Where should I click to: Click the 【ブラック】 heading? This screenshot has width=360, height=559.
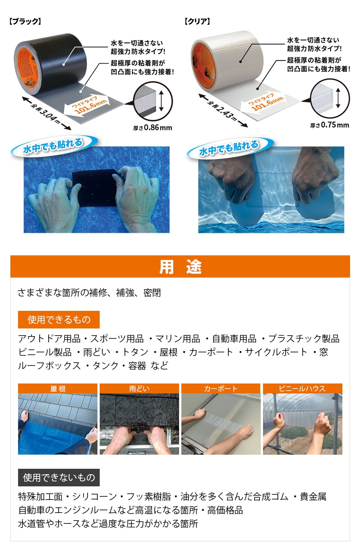pyautogui.click(x=25, y=22)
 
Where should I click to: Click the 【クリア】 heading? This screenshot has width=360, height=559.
pyautogui.click(x=197, y=22)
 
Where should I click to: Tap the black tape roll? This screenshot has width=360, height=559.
pyautogui.click(x=50, y=65)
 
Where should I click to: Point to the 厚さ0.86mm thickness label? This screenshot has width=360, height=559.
pyautogui.click(x=152, y=128)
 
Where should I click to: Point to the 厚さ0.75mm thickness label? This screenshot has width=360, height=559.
pyautogui.click(x=330, y=125)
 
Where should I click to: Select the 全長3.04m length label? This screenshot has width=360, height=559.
pyautogui.click(x=46, y=113)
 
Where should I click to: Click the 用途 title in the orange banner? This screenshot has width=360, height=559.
pyautogui.click(x=180, y=267)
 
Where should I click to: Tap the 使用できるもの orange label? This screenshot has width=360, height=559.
pyautogui.click(x=59, y=320)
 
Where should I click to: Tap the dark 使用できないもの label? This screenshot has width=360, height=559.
pyautogui.click(x=59, y=478)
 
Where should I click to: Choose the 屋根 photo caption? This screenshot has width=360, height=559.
pyautogui.click(x=58, y=389)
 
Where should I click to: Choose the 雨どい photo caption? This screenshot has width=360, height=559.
pyautogui.click(x=139, y=389)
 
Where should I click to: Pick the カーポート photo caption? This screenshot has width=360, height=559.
pyautogui.click(x=221, y=389)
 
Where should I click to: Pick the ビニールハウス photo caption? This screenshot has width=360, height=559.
pyautogui.click(x=302, y=389)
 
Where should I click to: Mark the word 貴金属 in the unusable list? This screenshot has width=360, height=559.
pyautogui.click(x=313, y=497)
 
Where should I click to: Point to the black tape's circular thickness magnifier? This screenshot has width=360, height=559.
pyautogui.click(x=152, y=101)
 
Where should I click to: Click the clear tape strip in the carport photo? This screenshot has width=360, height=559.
pyautogui.click(x=220, y=425)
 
